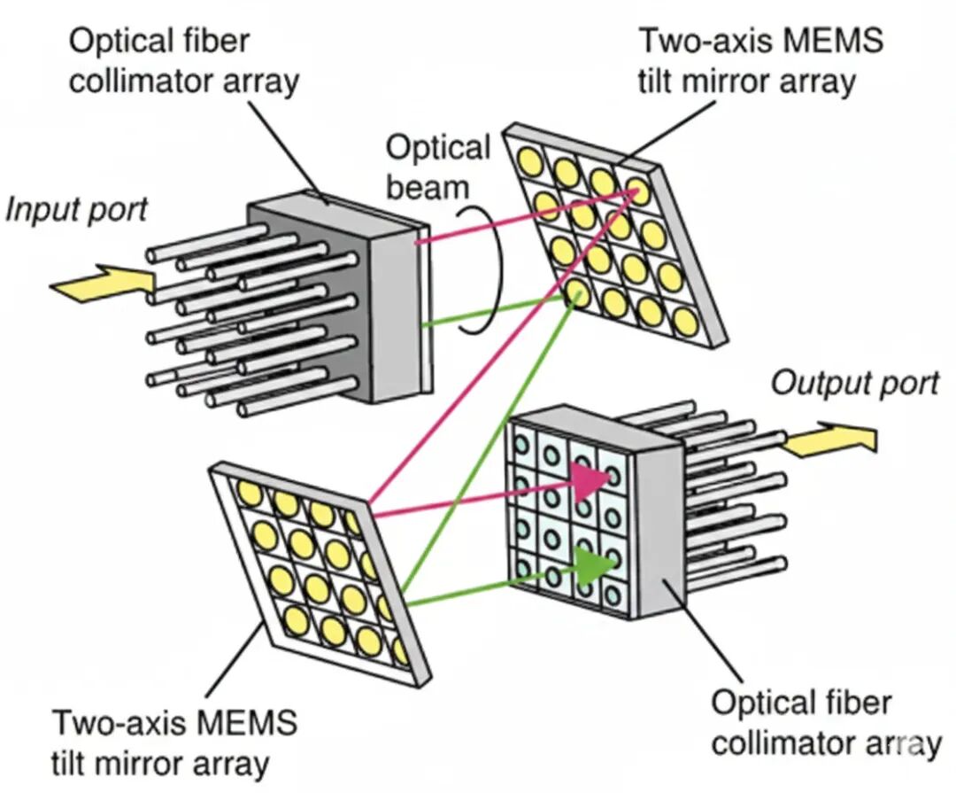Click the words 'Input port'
tap(76, 210)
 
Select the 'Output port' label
tap(855, 384)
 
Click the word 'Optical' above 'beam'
tap(438, 147)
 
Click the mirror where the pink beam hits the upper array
tap(638, 188)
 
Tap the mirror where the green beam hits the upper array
tap(576, 291)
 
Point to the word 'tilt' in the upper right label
tap(663, 82)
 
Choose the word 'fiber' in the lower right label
tap(854, 704)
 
